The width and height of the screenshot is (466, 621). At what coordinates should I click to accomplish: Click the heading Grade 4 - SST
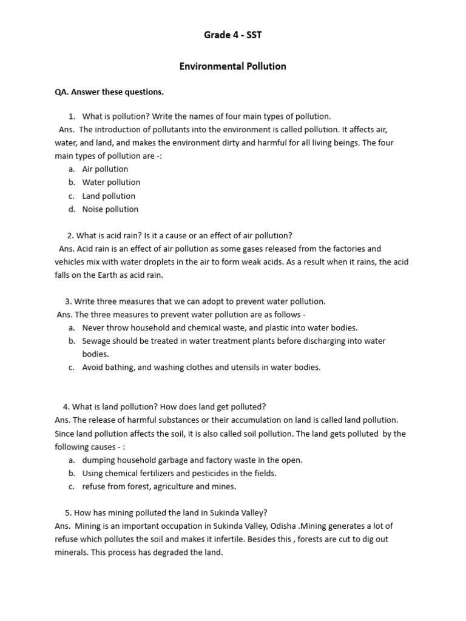[232, 35]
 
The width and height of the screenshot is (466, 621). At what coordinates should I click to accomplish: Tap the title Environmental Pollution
[232, 66]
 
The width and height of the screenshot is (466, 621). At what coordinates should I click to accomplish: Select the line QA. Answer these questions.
[109, 92]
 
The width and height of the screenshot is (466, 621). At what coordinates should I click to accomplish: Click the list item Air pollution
[105, 169]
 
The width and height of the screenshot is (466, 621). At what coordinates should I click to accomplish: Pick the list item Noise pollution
[110, 209]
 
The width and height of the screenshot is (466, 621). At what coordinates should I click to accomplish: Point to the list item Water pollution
[111, 183]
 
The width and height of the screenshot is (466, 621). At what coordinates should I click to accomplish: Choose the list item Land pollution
[109, 196]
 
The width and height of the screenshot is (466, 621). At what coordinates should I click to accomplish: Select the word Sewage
[96, 341]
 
